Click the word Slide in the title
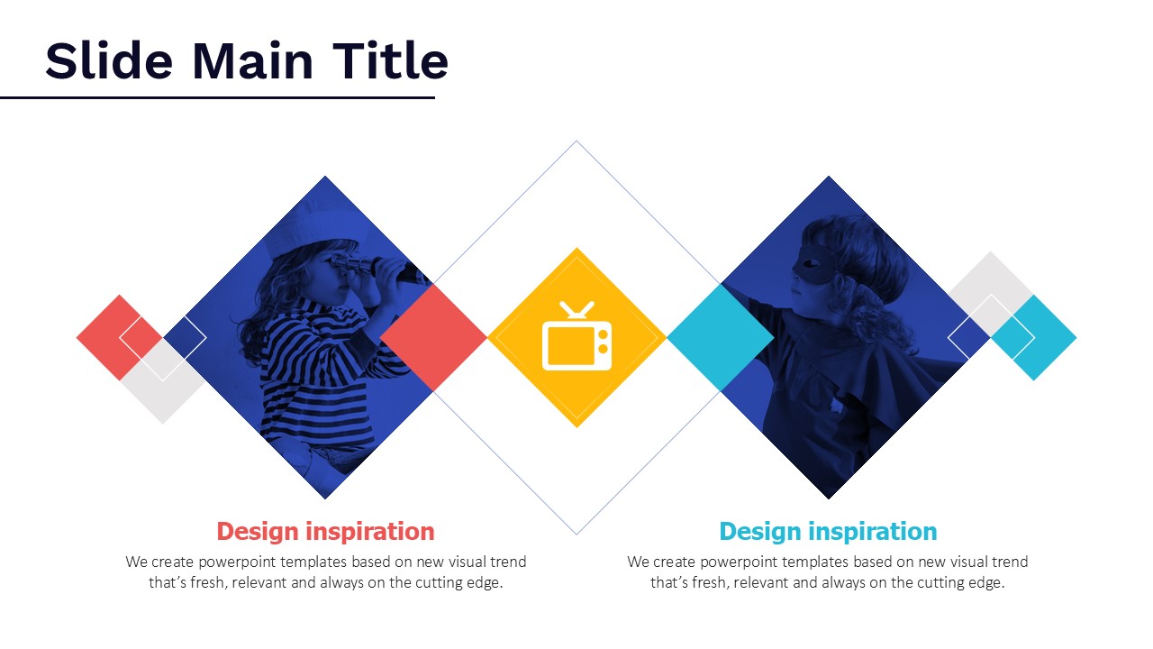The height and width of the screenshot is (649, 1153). [x=109, y=60]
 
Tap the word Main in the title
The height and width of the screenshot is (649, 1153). [x=252, y=60]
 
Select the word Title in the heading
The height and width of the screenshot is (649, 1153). [x=391, y=60]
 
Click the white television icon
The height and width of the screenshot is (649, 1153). [x=577, y=336]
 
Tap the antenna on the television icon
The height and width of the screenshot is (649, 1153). [x=577, y=310]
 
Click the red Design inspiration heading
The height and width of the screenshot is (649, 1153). [x=325, y=532]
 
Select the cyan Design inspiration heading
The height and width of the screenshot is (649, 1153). [x=828, y=532]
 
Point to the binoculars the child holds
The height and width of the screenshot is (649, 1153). [x=378, y=268]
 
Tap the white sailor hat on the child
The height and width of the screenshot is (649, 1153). [x=312, y=229]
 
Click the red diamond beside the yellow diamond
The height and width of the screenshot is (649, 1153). [x=433, y=338]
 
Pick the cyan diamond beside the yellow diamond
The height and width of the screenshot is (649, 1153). [x=721, y=338]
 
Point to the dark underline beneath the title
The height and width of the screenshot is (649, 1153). [x=217, y=97]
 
